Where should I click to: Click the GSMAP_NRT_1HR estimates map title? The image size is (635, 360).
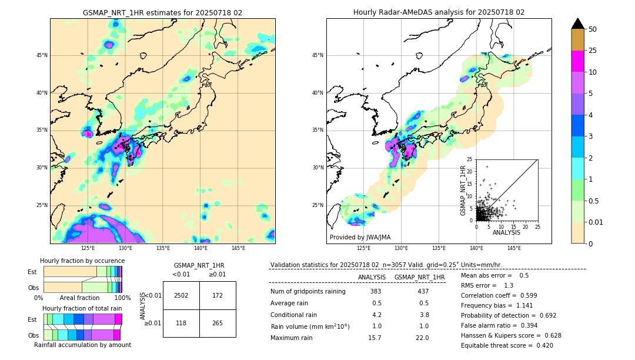162,12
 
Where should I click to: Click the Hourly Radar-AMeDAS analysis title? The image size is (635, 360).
439,12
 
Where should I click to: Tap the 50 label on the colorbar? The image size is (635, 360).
593,29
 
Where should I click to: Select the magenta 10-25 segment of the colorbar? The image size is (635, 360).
577,61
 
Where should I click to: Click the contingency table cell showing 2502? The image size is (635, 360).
181,295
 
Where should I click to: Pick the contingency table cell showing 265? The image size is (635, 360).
218,323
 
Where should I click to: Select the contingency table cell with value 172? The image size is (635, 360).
218,295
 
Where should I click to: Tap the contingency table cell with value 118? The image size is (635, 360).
181,323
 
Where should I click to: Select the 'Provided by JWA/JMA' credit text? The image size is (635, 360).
359,238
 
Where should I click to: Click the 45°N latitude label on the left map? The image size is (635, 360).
42,55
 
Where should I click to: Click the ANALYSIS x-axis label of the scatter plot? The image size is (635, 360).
507,232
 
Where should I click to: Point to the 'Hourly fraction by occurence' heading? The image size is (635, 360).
82,261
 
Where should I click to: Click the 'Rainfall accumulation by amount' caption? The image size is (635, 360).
82,345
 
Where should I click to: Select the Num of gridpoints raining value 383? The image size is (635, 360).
376,292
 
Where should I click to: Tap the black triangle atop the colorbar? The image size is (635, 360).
577,24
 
